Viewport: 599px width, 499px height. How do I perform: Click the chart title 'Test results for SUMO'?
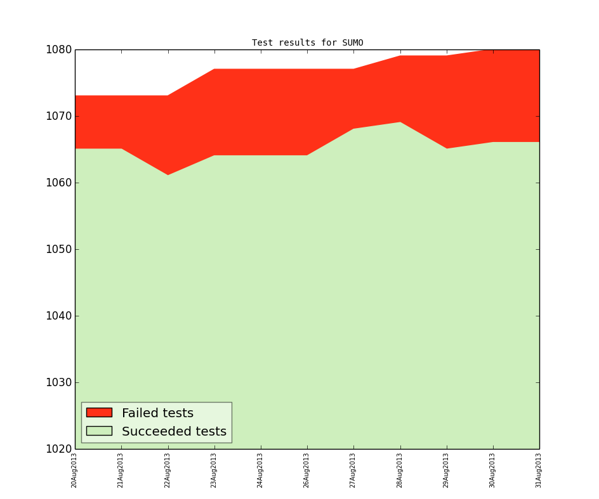(307, 43)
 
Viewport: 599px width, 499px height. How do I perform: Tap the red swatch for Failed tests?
(99, 413)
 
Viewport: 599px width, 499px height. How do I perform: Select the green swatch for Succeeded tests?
(99, 431)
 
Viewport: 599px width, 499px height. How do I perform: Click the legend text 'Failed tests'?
(157, 413)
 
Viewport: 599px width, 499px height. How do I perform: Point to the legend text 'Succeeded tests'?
(174, 432)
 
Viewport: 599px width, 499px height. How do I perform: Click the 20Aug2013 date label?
(74, 470)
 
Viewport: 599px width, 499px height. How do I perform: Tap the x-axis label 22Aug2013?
(168, 470)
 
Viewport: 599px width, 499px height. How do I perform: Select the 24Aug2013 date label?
(260, 470)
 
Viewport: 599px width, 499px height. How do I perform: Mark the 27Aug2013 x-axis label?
(353, 470)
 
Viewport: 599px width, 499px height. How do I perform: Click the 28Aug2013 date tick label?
(399, 470)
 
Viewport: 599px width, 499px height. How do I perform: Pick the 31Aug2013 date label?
(539, 470)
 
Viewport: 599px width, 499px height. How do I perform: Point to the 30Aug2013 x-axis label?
(492, 470)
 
